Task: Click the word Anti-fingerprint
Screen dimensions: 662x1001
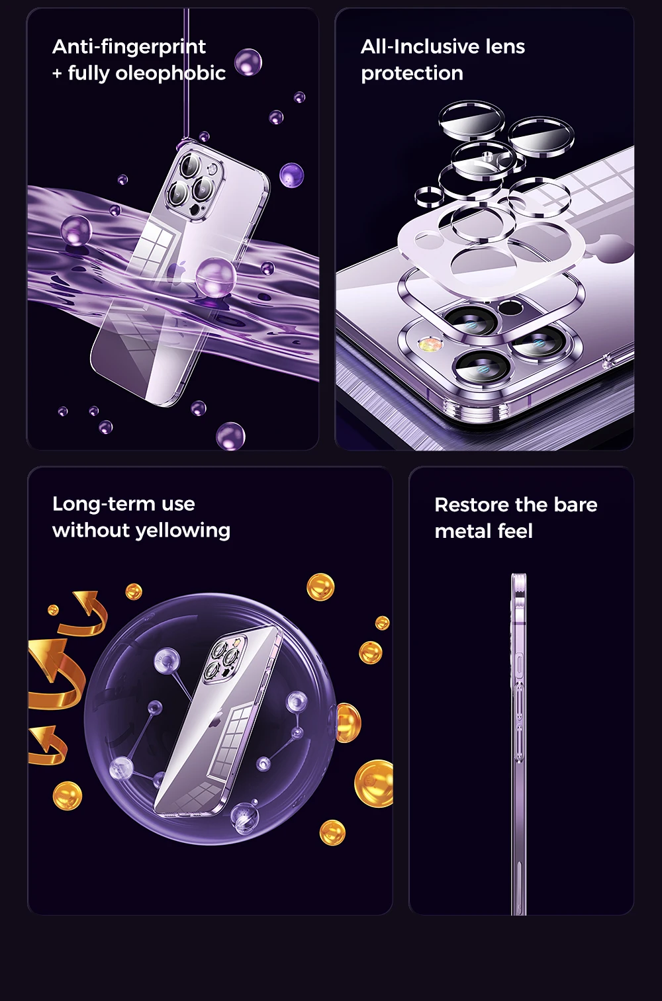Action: (x=128, y=47)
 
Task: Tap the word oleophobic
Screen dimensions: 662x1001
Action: (x=170, y=73)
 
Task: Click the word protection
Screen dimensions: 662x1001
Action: (x=412, y=73)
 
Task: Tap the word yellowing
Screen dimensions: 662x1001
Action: (x=183, y=531)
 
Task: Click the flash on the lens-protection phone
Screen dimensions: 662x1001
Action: (x=426, y=344)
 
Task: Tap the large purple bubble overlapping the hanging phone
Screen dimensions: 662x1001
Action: (x=216, y=277)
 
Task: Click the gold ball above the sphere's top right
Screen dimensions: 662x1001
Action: (x=320, y=587)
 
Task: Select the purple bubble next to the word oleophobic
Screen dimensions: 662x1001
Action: (x=248, y=62)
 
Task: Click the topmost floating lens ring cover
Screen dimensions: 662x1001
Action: (x=471, y=120)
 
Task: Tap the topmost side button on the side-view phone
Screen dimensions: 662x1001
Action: (x=519, y=663)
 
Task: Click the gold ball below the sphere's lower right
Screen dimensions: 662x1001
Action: (x=332, y=832)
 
